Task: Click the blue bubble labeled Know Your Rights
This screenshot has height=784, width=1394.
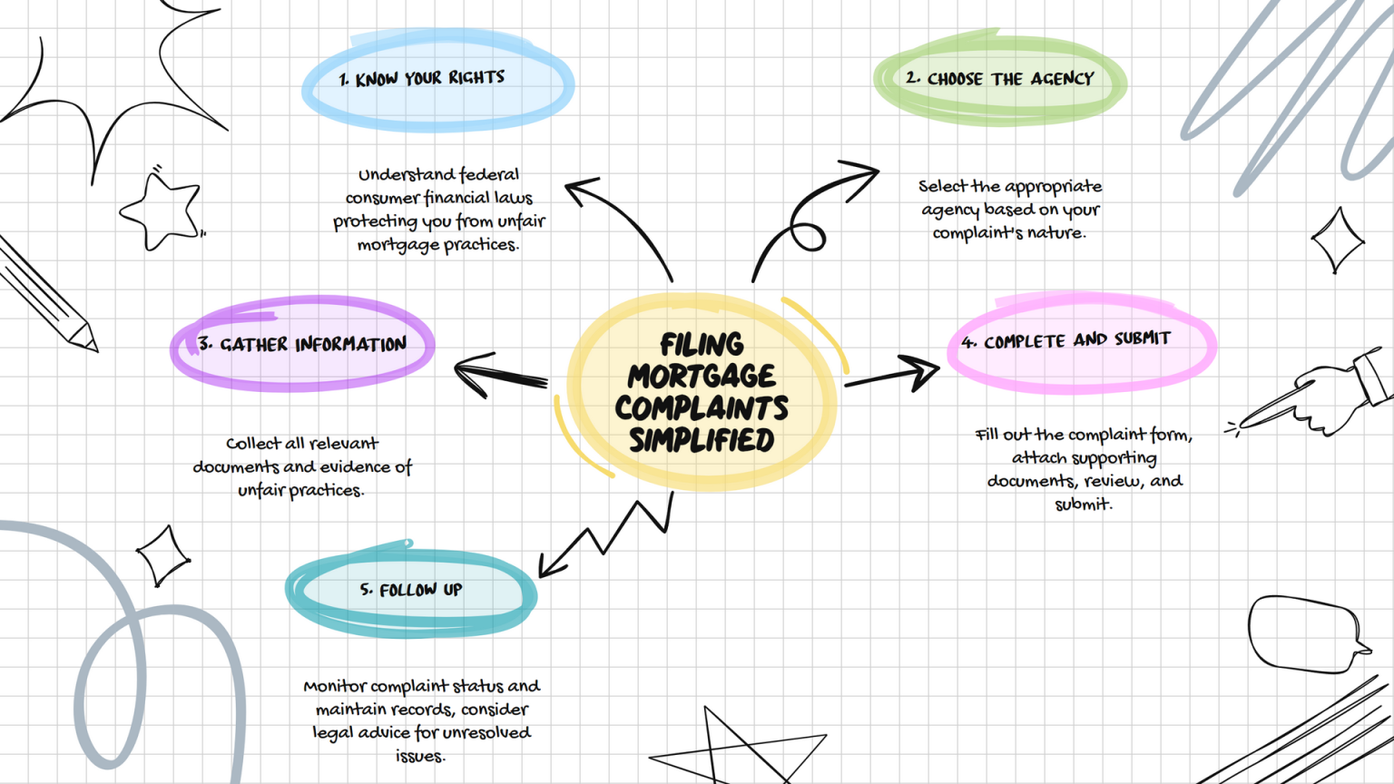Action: (437, 81)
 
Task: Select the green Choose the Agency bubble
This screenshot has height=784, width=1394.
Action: (1000, 79)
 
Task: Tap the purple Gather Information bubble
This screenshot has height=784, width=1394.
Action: (302, 344)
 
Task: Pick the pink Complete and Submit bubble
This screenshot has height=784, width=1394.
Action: (1082, 342)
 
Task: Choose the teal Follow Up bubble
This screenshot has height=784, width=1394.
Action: (411, 589)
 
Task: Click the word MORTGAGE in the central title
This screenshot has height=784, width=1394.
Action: (702, 377)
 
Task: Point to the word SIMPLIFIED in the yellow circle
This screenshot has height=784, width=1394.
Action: (702, 440)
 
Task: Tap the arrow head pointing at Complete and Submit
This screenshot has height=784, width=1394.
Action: (921, 372)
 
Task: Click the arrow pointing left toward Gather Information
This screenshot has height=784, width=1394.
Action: (501, 375)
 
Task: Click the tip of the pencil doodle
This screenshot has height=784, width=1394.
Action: (96, 350)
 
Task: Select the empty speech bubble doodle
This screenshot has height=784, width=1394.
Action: (1308, 634)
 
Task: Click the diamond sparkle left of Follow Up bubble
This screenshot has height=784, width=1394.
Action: (163, 555)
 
